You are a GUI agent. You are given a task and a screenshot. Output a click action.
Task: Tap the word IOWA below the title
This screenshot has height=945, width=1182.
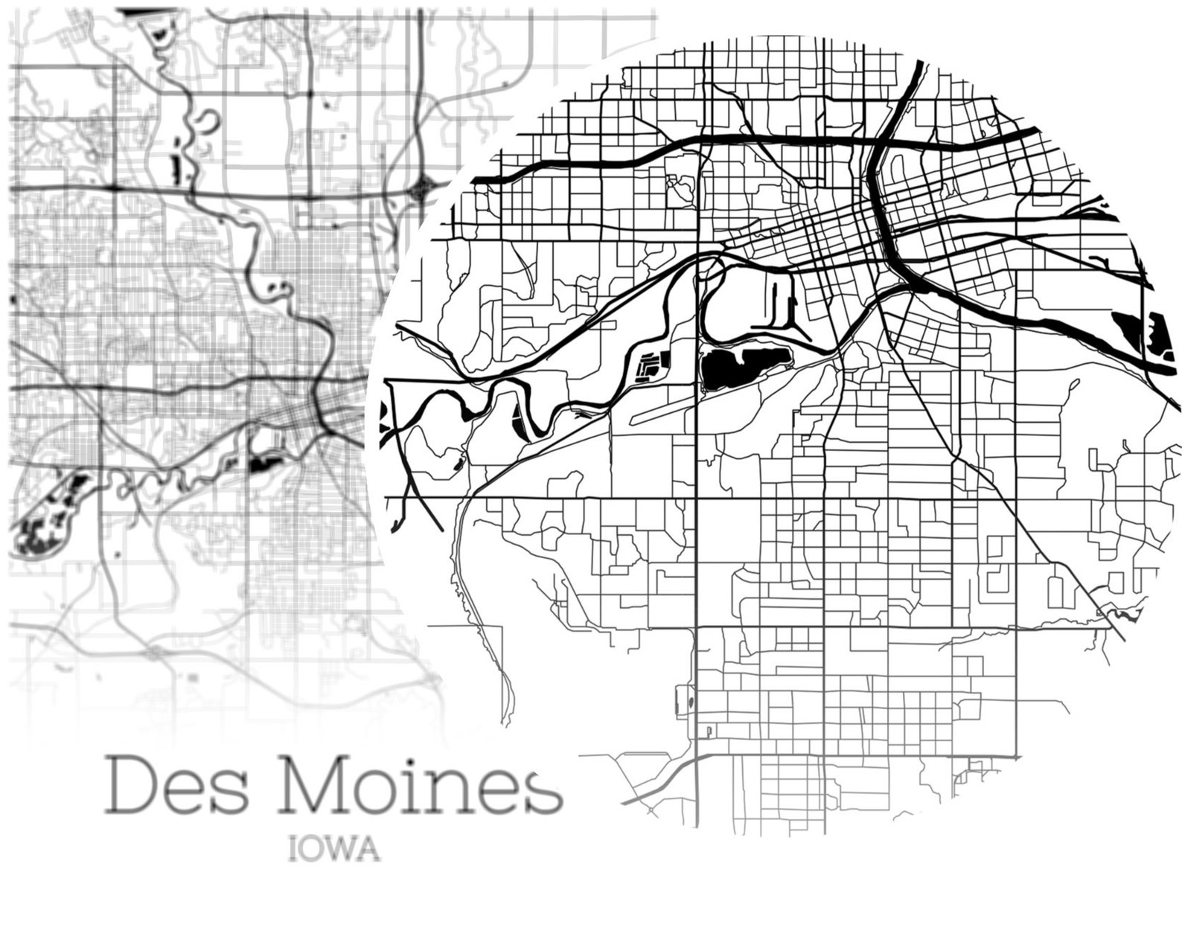click(334, 850)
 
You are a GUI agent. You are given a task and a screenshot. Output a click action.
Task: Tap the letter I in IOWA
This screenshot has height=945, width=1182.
click(292, 850)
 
